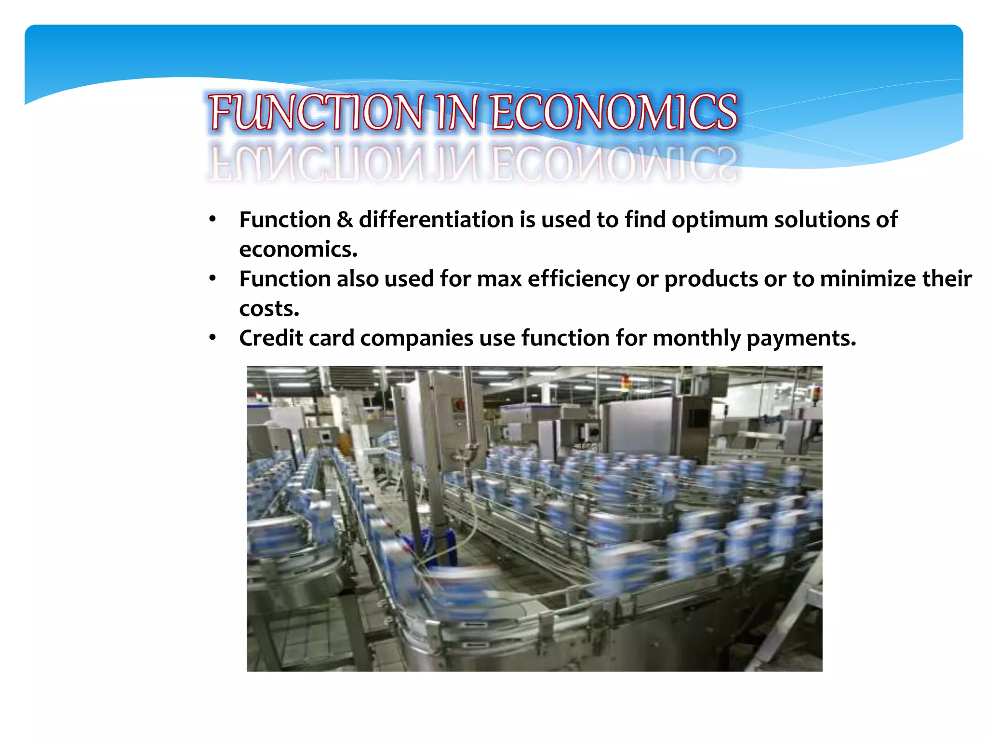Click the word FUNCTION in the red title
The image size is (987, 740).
click(317, 112)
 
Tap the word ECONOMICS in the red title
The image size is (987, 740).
click(614, 112)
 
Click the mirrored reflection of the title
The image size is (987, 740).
click(472, 163)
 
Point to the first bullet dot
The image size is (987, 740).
click(213, 220)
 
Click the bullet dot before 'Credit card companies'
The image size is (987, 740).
click(213, 338)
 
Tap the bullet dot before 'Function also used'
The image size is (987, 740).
click(213, 279)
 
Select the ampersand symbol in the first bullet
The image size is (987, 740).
click(345, 220)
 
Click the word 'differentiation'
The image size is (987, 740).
click(436, 220)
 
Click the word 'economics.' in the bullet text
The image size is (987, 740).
click(298, 250)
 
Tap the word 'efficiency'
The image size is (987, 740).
click(578, 279)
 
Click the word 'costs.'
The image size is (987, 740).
click(269, 309)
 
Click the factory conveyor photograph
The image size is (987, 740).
click(534, 518)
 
